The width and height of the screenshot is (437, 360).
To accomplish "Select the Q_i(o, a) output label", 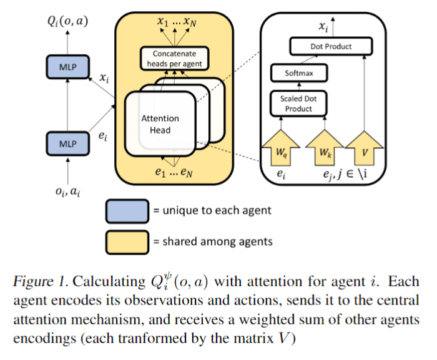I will (x=66, y=23).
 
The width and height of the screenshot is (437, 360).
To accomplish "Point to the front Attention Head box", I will (x=159, y=123).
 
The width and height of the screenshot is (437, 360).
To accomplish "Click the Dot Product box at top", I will (x=331, y=46).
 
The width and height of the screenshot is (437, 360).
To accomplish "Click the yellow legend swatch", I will (x=127, y=240).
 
